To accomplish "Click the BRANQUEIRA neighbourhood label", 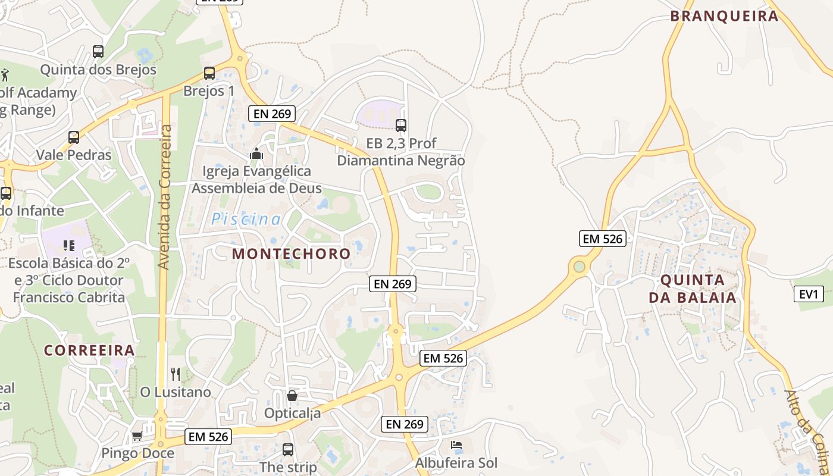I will click(724, 16).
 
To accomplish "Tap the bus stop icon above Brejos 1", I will click(209, 73).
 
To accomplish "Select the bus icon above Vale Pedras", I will click(74, 137).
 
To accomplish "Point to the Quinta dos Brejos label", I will click(98, 70).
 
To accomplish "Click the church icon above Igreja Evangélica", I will click(256, 154).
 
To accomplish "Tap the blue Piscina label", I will click(246, 219).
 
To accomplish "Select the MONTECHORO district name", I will click(291, 253).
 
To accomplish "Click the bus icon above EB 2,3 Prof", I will click(401, 125).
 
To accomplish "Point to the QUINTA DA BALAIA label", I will click(693, 289).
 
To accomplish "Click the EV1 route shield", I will click(808, 293).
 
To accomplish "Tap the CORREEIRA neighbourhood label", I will click(89, 350).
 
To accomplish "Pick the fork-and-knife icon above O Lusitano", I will click(176, 374).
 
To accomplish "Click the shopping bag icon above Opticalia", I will click(292, 395).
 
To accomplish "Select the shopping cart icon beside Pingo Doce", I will click(137, 436).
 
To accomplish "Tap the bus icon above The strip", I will click(288, 449).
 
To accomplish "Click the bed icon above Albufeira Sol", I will click(456, 445).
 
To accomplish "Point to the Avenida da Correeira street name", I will click(165, 196).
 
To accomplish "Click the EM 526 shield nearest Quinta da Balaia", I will click(602, 239).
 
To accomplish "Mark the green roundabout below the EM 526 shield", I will click(579, 266).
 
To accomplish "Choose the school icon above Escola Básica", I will click(69, 245).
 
